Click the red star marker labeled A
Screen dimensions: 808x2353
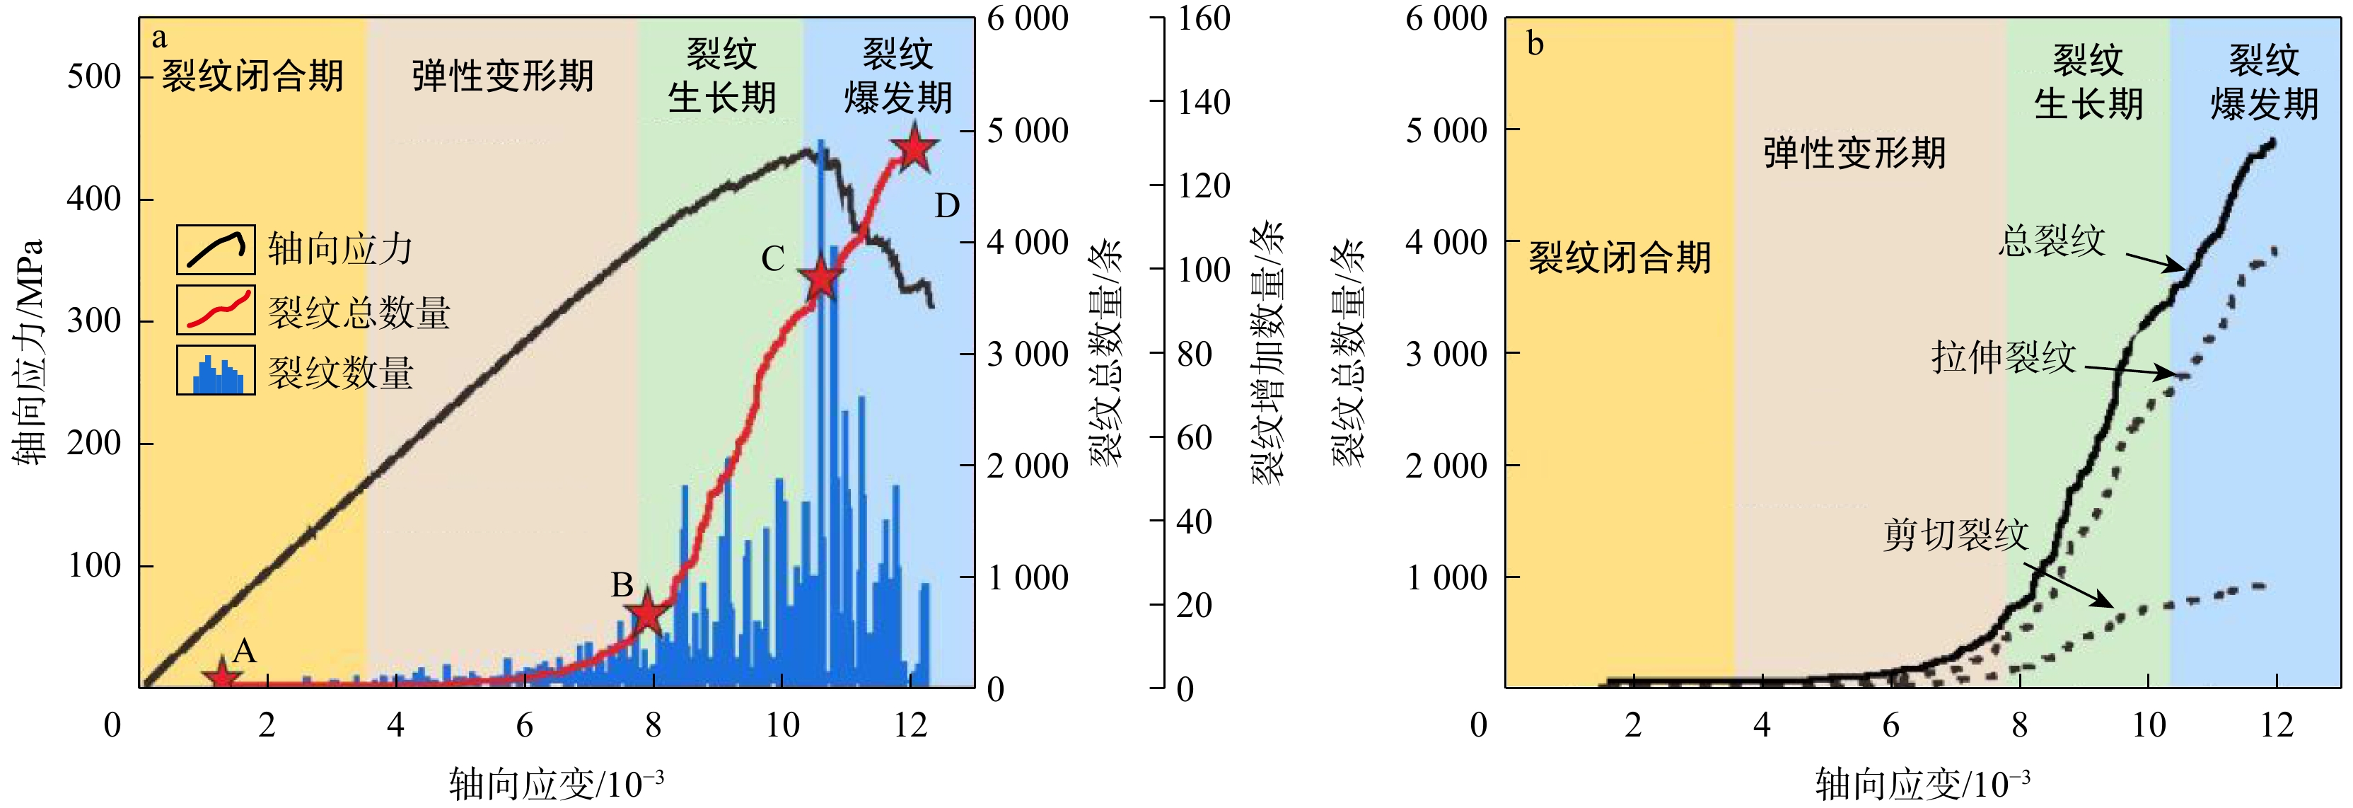click(222, 677)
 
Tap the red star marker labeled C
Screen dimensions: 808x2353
click(821, 279)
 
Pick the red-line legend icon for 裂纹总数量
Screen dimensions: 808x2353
click(216, 311)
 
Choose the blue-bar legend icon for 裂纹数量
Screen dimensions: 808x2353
click(216, 370)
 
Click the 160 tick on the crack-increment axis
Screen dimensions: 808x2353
click(1204, 18)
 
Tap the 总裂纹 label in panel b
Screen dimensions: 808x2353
click(2052, 241)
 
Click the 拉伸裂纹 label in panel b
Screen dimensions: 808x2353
click(2003, 357)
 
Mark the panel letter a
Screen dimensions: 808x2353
click(160, 38)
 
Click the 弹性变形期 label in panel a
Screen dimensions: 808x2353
click(502, 76)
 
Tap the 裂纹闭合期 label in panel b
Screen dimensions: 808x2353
click(1620, 258)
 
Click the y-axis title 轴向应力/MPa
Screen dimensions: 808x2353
click(29, 352)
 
